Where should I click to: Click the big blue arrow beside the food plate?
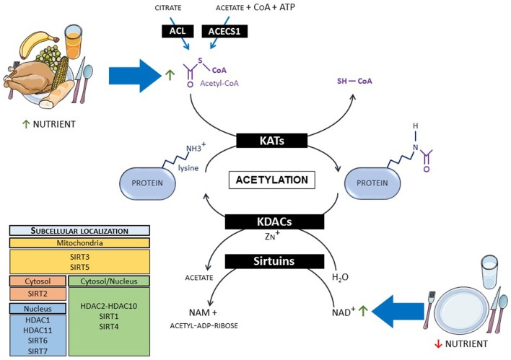coord(132,71)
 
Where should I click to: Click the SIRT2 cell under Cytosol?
coord(36,294)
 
